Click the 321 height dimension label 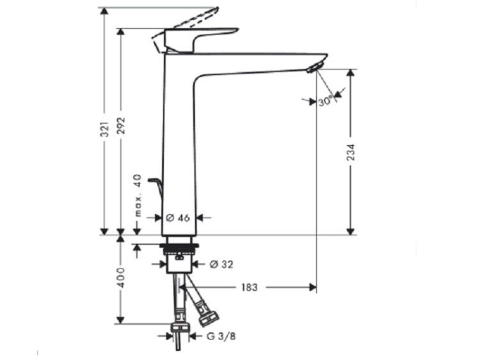pos(105,129)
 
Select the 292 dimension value pos(122,125)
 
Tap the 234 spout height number pos(351,152)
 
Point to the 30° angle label pos(325,101)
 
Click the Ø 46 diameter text pos(178,218)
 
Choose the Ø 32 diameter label pos(221,264)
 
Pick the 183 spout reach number pos(250,288)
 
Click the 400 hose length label pos(122,278)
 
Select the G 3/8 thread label pos(221,336)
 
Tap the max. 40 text pos(138,196)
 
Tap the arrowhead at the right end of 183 pos(313,288)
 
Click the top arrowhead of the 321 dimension pos(105,11)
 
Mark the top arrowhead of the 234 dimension pos(351,73)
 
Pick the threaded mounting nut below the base pos(179,249)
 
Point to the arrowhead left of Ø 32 pos(163,264)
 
